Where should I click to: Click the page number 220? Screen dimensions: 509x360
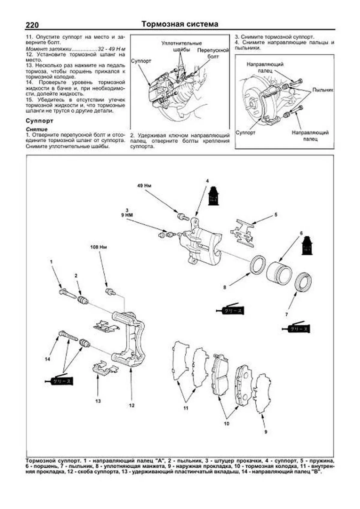[x=32, y=25]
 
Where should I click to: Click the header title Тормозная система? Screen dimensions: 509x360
[x=180, y=24]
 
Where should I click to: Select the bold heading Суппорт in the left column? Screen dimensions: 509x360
[x=39, y=121]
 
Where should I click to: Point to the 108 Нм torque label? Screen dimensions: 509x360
[x=99, y=247]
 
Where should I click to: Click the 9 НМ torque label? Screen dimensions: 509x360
[x=127, y=215]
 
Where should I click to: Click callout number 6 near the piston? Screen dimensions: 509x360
[x=301, y=233]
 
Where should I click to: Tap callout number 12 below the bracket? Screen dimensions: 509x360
[x=132, y=406]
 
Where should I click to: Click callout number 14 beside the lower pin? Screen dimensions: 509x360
[x=47, y=359]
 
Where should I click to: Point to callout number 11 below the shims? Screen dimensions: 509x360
[x=186, y=408]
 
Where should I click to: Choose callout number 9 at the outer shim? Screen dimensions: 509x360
[x=265, y=432]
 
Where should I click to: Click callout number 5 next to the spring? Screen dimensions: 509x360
[x=276, y=215]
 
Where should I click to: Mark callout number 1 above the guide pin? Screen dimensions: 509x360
[x=51, y=262]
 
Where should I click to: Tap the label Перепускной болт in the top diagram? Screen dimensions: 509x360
[x=213, y=53]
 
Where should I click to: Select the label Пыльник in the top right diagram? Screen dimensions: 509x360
[x=323, y=90]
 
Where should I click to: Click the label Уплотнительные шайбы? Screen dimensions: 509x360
[x=181, y=46]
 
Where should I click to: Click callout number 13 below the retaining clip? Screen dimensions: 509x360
[x=98, y=401]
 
